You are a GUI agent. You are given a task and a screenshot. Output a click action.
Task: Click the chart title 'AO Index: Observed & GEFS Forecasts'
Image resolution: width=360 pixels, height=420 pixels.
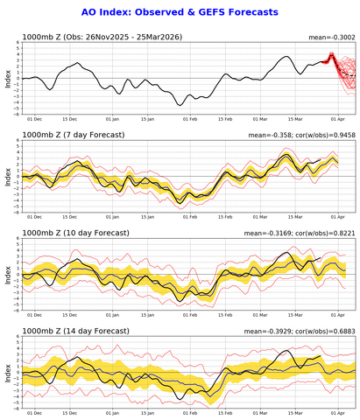coord(180,12)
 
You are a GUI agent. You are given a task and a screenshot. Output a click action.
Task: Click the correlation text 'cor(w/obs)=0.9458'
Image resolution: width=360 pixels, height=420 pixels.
coord(322,135)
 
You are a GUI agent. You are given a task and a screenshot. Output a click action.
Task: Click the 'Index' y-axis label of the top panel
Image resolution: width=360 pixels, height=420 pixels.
coord(8,78)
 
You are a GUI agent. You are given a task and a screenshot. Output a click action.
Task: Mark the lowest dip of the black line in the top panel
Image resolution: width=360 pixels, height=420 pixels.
coord(180,105)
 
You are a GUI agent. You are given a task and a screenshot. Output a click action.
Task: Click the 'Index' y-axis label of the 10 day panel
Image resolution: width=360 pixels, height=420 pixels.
coord(8,274)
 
